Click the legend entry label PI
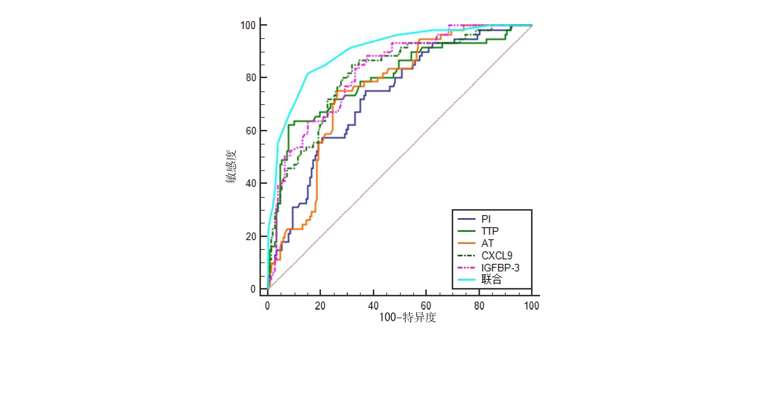[486, 219]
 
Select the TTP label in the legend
[490, 231]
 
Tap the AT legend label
[487, 243]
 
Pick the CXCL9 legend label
[497, 256]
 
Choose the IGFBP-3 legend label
[500, 268]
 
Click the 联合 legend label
[491, 279]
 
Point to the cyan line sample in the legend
[466, 280]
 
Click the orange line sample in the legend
[466, 243]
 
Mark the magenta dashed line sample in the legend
[466, 268]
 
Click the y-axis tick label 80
[251, 78]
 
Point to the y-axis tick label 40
[251, 183]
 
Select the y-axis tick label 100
[248, 25]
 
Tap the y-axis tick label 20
[251, 237]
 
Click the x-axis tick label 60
[426, 305]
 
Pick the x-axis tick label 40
[373, 305]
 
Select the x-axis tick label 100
[531, 305]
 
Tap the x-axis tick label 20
[320, 305]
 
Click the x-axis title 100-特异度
[408, 317]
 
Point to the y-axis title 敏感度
[231, 166]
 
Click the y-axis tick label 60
[251, 131]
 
